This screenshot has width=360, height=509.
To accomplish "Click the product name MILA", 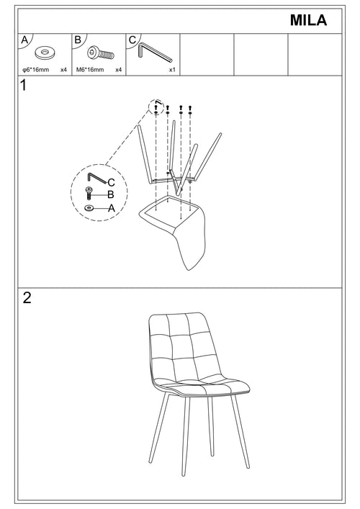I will pos(308,21).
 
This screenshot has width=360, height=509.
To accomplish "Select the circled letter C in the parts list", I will pos(132,40).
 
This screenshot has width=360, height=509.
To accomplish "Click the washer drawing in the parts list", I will pos(46,53).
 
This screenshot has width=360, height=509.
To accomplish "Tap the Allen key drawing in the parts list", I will pos(153,51).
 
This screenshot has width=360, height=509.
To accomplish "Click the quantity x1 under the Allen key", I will pos(172,71).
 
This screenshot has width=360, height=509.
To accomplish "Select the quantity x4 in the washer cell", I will pos(63,71).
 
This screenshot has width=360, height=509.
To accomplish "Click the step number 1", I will pos(24,87).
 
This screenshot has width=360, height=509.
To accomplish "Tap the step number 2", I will pos(27,299).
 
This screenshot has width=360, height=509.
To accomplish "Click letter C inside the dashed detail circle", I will pos(111,183).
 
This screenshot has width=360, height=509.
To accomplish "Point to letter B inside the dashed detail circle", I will pos(111,194).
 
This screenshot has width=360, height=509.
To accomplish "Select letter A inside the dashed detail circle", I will pos(111,207).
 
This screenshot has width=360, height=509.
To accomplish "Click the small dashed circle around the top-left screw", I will pos(156,108).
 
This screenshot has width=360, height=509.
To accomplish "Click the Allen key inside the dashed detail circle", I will pos(95,177).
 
